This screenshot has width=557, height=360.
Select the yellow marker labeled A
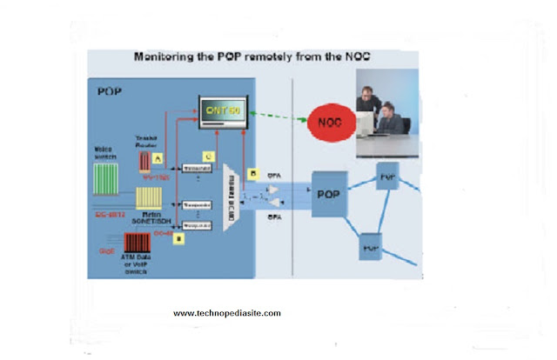(158, 158)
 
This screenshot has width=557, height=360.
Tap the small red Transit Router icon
(145, 162)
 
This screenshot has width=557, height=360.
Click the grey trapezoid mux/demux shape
(233, 195)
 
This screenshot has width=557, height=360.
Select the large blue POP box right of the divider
(329, 192)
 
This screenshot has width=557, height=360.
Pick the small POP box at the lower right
(371, 247)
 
